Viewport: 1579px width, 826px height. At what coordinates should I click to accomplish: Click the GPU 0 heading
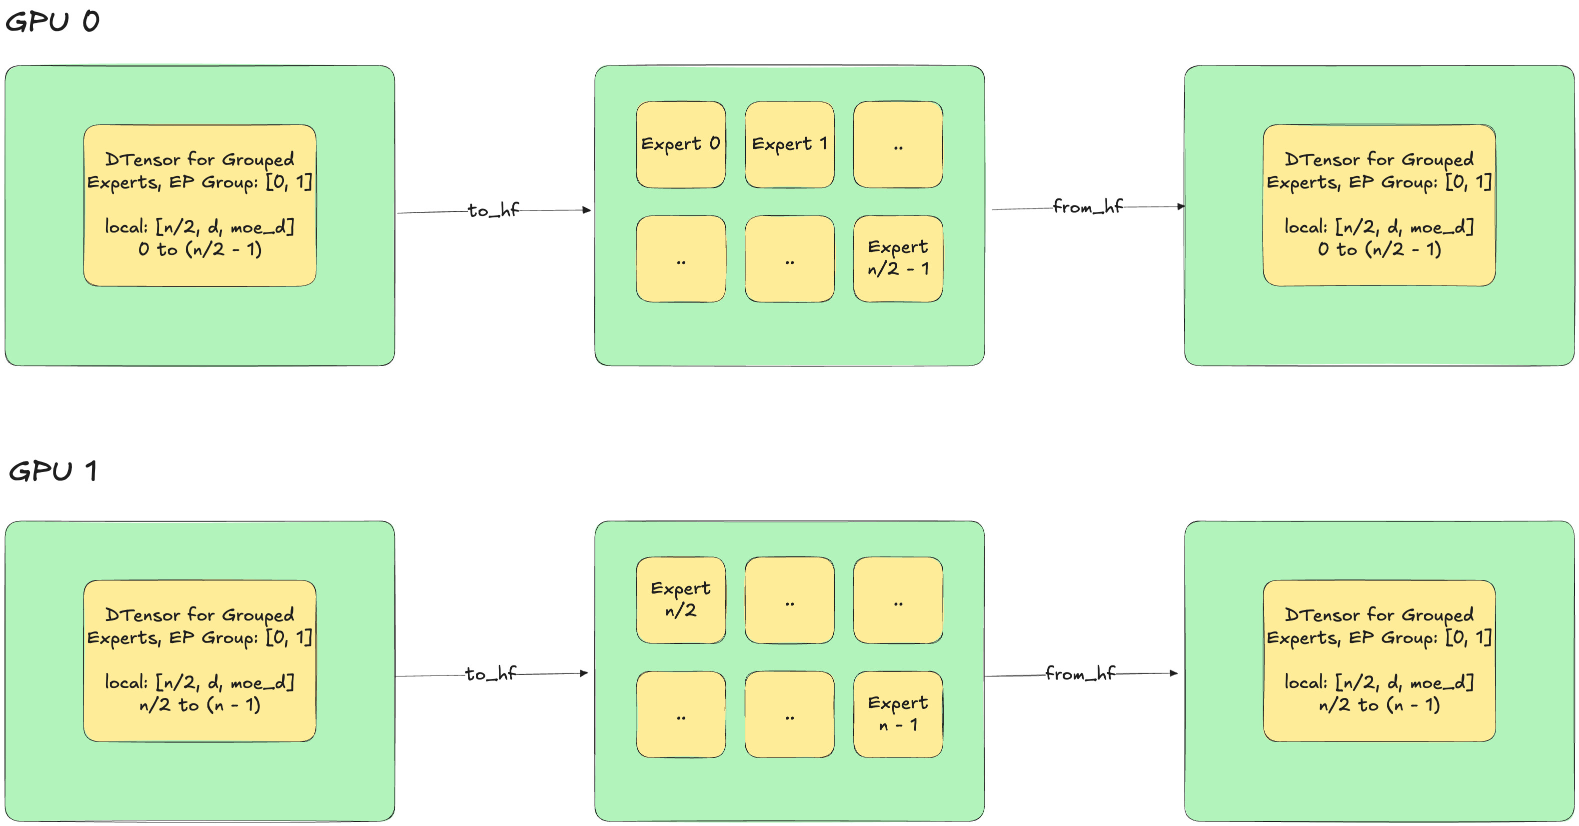[x=52, y=22]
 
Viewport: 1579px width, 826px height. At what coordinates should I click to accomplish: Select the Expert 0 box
[x=680, y=144]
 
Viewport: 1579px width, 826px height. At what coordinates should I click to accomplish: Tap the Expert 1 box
[x=789, y=144]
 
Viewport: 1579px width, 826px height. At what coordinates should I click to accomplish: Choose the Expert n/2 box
[x=680, y=599]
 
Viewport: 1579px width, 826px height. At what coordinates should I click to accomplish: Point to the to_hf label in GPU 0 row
[x=493, y=210]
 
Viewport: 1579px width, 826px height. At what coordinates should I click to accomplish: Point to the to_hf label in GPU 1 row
[x=490, y=673]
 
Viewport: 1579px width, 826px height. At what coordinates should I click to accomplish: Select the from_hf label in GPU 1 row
[x=1080, y=673]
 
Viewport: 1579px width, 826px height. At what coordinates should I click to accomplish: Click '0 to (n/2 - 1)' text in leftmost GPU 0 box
[x=200, y=249]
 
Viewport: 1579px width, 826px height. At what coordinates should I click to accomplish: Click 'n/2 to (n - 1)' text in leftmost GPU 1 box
[x=200, y=704]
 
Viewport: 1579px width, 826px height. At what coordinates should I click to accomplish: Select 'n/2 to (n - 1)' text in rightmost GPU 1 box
[x=1379, y=704]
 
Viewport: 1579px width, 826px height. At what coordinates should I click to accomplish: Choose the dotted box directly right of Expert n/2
[x=789, y=599]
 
